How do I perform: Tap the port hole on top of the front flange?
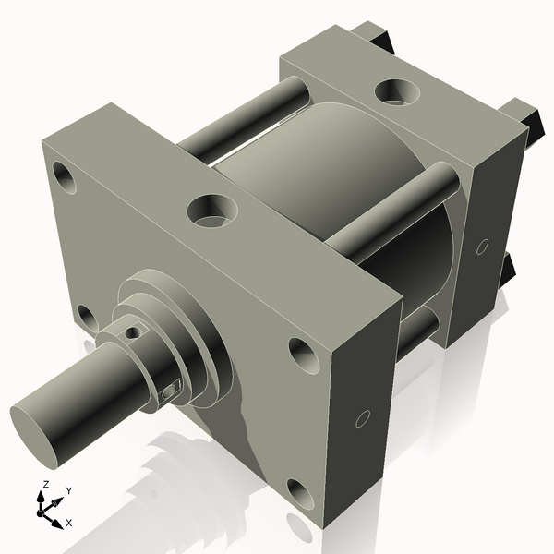[212, 211]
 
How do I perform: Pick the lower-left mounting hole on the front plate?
[88, 318]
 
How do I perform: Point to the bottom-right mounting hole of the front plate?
[300, 494]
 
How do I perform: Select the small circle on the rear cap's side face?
[481, 247]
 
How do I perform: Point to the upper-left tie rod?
[245, 115]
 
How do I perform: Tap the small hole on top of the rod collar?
[134, 331]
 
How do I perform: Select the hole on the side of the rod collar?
[168, 391]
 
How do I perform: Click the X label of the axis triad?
[69, 524]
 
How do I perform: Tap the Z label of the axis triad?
[45, 485]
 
